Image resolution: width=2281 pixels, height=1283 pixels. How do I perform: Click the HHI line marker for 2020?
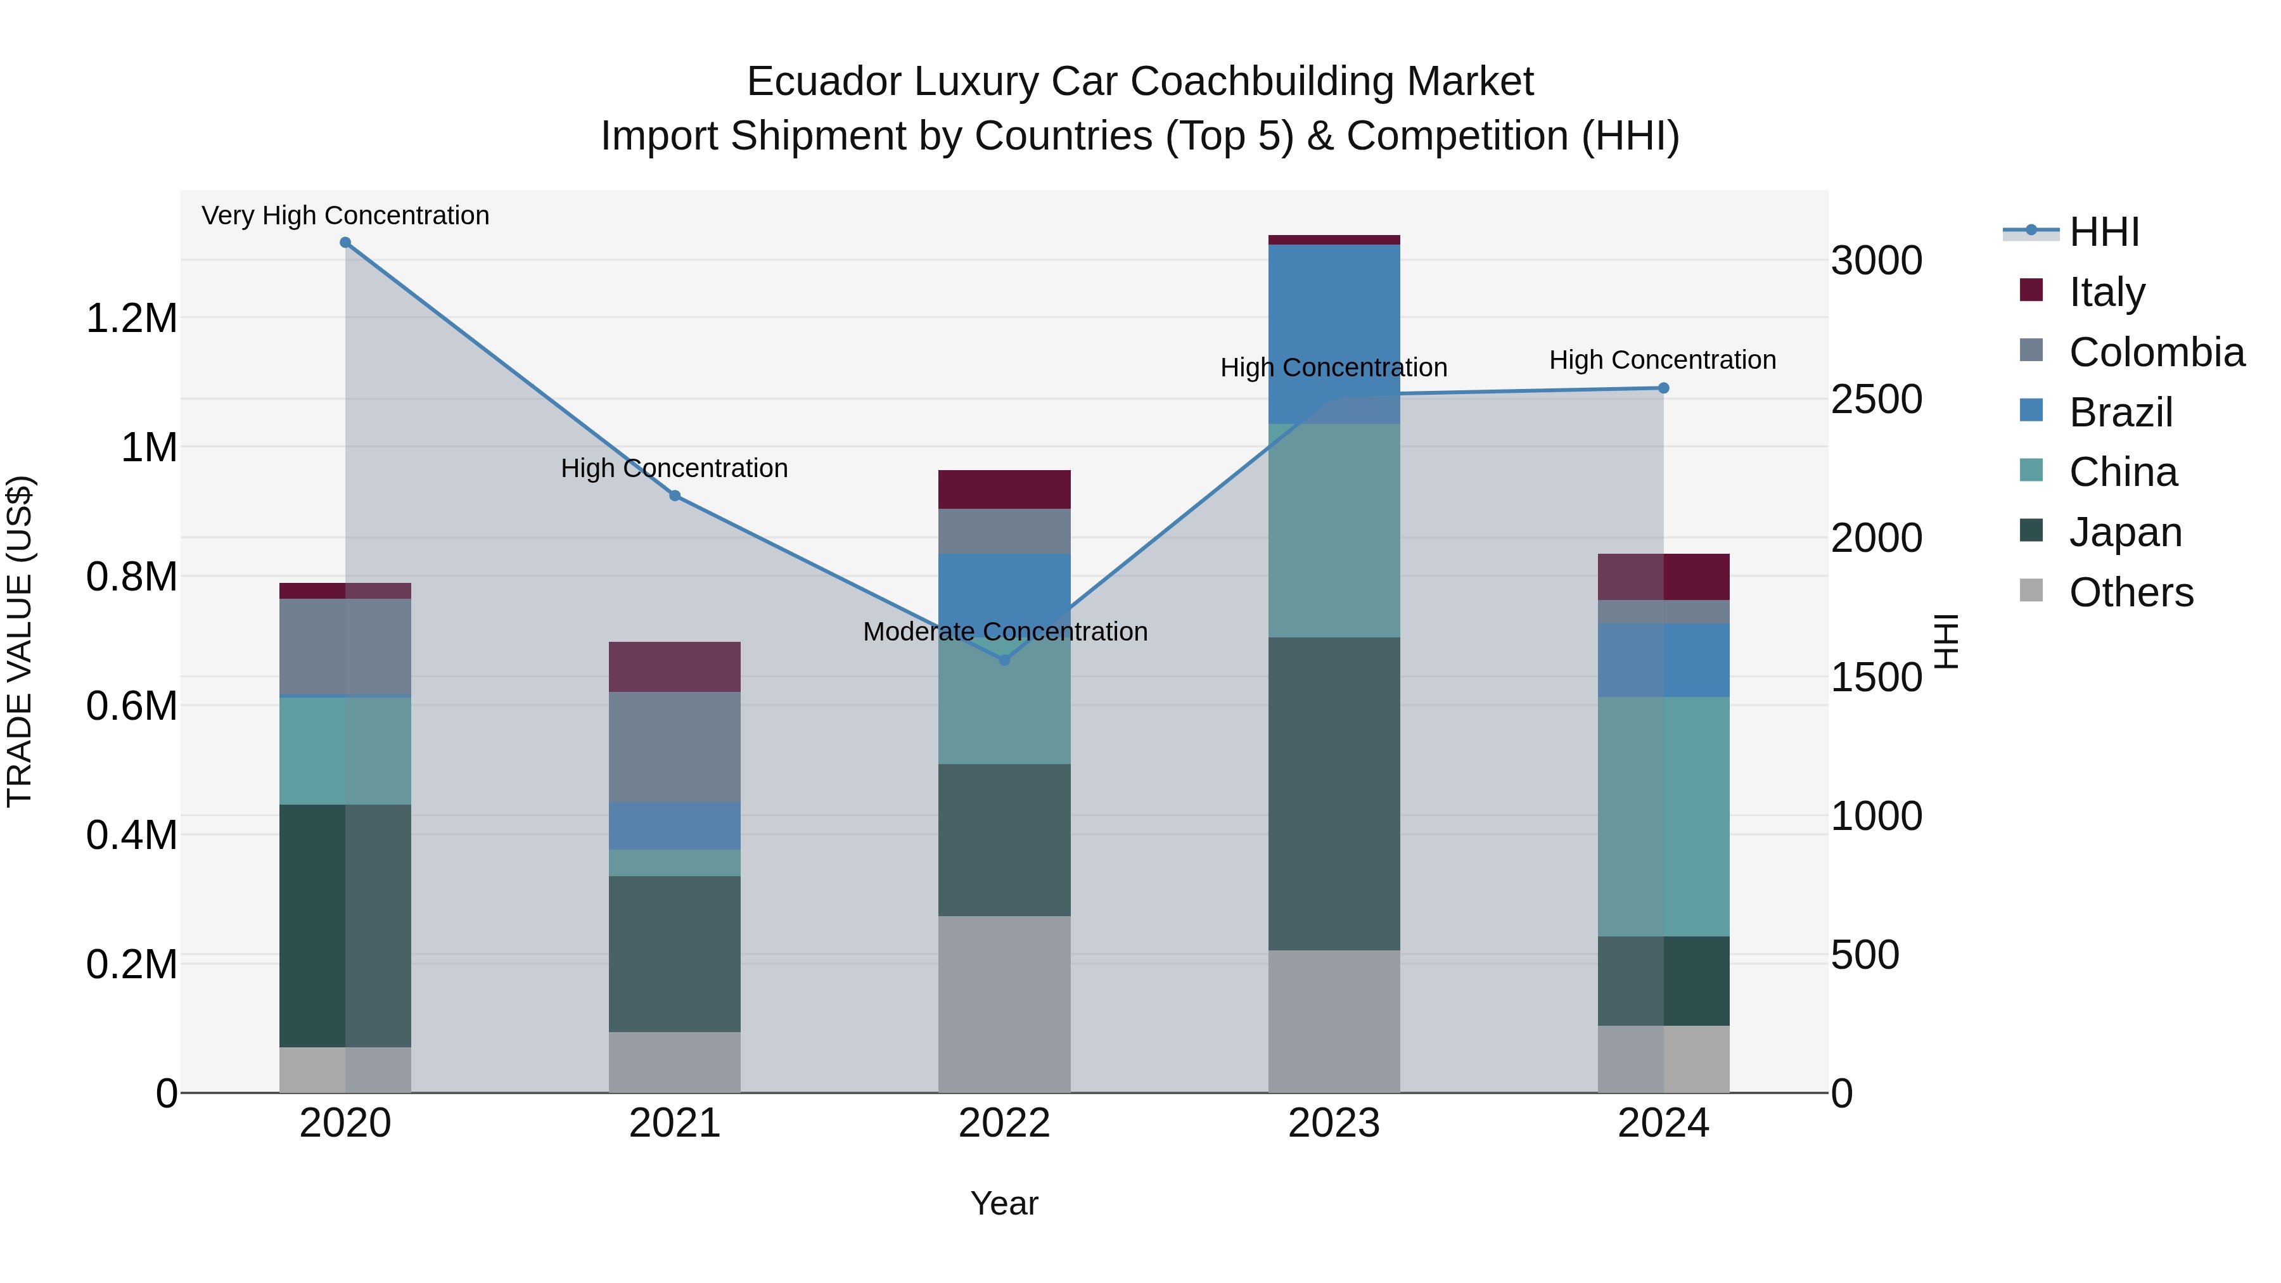tap(345, 243)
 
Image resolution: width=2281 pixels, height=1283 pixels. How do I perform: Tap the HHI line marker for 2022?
tap(1004, 660)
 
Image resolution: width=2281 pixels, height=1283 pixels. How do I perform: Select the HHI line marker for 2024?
tap(1663, 388)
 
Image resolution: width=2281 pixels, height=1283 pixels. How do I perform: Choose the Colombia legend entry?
tap(2156, 352)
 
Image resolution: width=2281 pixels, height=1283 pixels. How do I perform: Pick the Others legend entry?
tap(2130, 592)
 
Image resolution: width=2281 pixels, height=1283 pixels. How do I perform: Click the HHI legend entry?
tap(2103, 232)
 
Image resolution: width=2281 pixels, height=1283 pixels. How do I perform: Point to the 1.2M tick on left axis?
tap(131, 318)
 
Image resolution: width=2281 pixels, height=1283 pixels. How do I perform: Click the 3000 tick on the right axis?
tap(1876, 261)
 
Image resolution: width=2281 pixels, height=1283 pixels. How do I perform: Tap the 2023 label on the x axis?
tap(1334, 1123)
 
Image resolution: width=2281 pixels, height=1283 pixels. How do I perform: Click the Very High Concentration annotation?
tap(345, 215)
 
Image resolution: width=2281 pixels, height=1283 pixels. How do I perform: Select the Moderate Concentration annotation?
tap(1005, 631)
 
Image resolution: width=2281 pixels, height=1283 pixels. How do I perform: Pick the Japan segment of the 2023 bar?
tap(1334, 793)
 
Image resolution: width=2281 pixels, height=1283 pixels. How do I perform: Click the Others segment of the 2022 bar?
tap(1004, 1004)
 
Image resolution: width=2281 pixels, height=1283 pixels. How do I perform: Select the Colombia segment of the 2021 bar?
tap(675, 746)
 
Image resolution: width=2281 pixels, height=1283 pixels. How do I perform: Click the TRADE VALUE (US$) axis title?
tap(20, 641)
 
